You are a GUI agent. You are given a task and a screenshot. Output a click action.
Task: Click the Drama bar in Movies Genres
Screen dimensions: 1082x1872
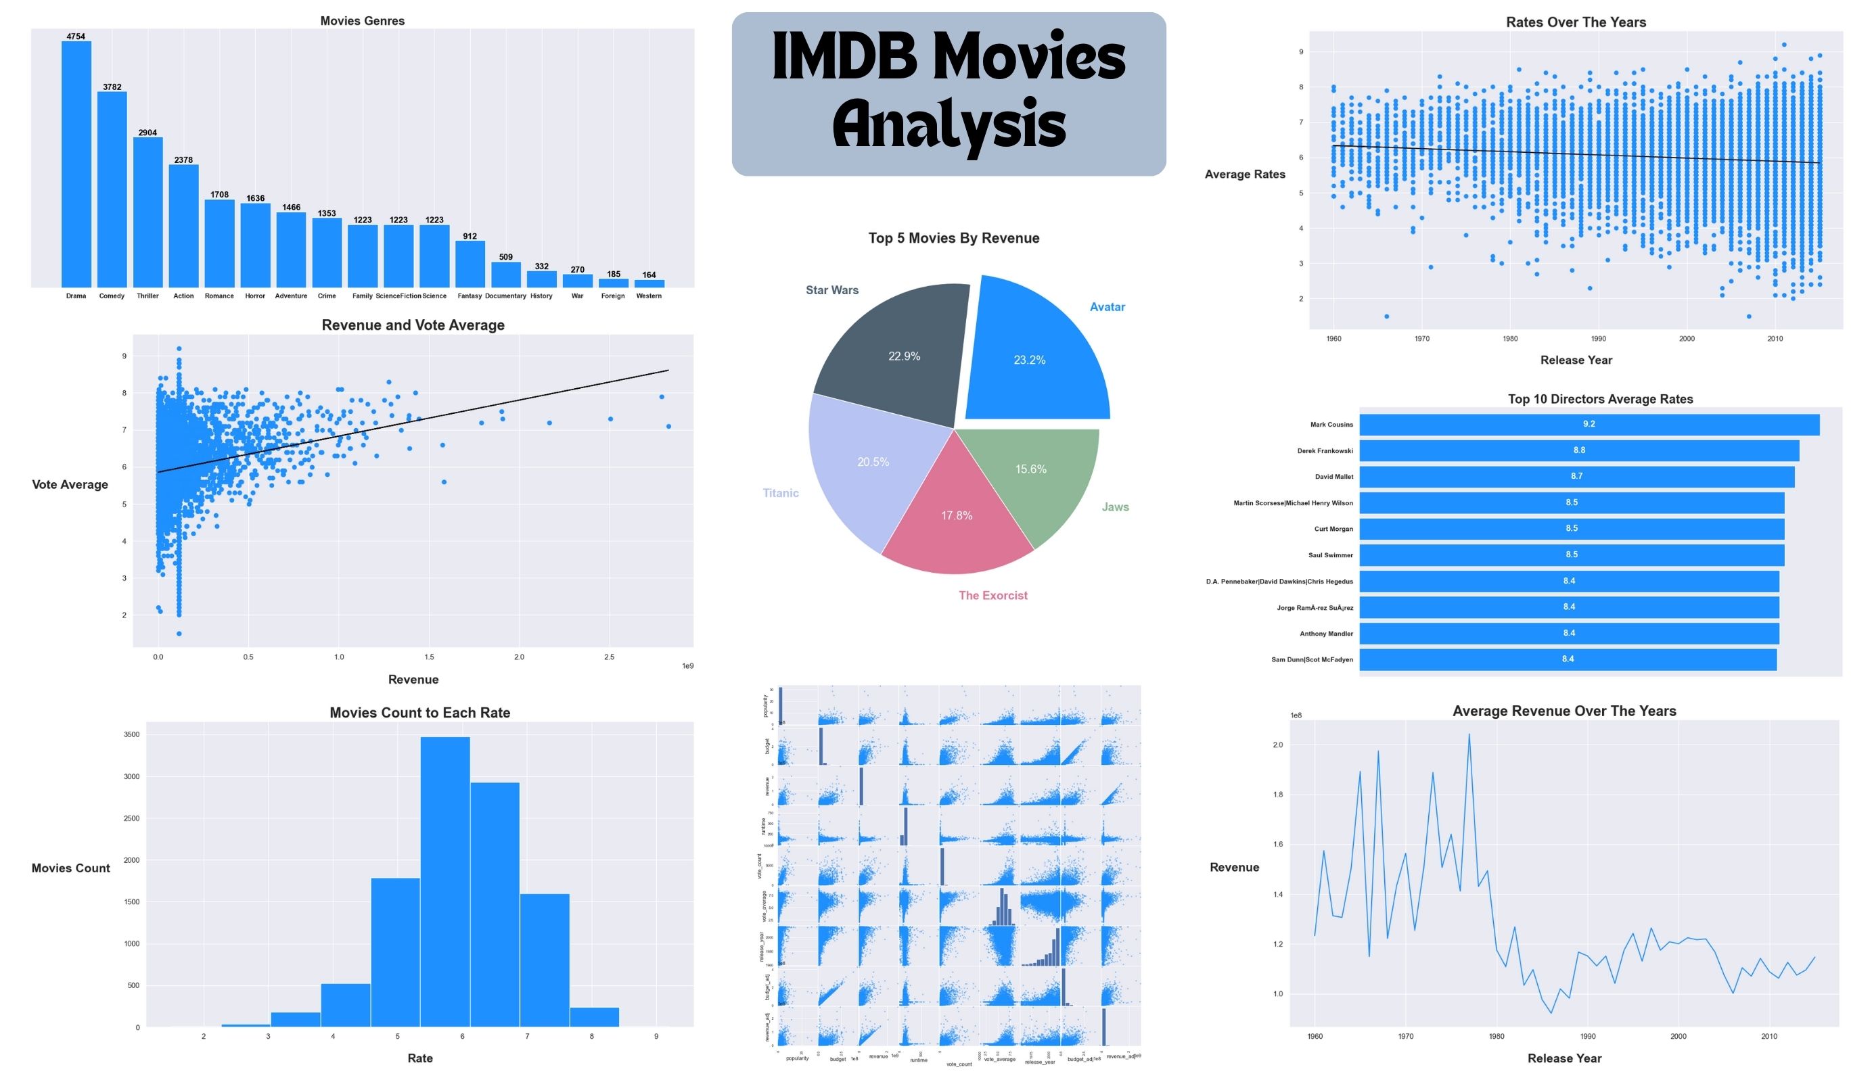[76, 164]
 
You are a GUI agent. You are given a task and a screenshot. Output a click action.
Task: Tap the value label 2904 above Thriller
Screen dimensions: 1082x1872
[148, 133]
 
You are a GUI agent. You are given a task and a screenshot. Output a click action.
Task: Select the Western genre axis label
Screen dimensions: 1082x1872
[649, 296]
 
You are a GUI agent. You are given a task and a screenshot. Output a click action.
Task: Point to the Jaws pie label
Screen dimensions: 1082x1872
[1115, 507]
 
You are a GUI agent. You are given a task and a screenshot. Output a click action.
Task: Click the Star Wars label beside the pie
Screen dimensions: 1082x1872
[832, 290]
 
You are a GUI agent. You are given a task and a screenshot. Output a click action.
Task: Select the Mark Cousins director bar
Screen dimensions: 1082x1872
[1589, 425]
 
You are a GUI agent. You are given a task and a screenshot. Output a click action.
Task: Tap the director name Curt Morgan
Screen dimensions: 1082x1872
[1333, 530]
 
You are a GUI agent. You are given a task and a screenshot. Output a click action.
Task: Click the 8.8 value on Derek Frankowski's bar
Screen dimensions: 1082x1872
[1578, 450]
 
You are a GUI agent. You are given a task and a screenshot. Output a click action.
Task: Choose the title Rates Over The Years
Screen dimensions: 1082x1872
[1576, 22]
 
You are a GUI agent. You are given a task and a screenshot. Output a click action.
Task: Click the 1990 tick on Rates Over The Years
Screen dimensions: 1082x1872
[1598, 339]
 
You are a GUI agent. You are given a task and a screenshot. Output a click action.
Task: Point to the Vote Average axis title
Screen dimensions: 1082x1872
[70, 485]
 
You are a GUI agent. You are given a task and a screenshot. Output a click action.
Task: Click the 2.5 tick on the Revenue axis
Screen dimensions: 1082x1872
[609, 657]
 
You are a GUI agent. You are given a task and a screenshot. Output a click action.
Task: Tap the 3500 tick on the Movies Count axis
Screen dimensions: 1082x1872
[131, 734]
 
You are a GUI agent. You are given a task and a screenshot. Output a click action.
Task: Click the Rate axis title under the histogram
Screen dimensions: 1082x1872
[419, 1058]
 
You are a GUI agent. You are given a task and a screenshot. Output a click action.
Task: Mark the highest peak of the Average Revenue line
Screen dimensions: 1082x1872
[1469, 735]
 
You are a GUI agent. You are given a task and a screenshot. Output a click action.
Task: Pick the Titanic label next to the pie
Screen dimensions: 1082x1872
[781, 493]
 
